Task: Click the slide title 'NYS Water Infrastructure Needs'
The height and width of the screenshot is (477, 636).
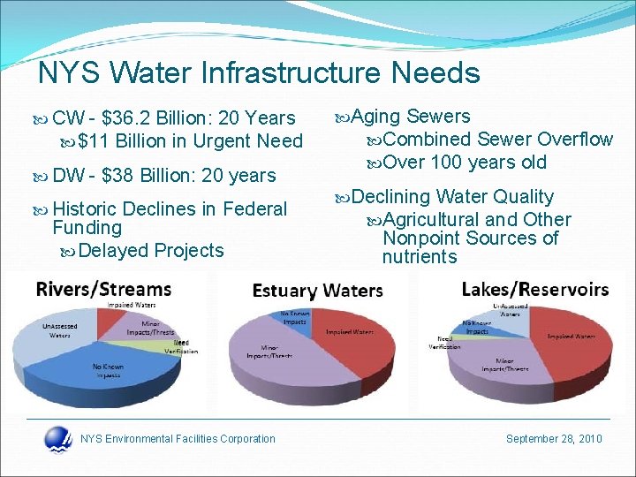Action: pyautogui.click(x=259, y=72)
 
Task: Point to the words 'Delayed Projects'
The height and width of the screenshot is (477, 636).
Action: pyautogui.click(x=151, y=251)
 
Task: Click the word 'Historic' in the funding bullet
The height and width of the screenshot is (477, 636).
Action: pyautogui.click(x=86, y=209)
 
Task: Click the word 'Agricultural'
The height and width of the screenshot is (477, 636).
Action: pyautogui.click(x=432, y=220)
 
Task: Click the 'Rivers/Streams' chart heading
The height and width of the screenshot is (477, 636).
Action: pyautogui.click(x=104, y=289)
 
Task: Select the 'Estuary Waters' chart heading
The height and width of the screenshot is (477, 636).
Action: pyautogui.click(x=317, y=291)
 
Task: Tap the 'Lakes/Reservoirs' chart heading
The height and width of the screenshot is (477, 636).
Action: pyautogui.click(x=534, y=289)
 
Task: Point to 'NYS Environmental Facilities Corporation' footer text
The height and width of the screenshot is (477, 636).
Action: pyautogui.click(x=178, y=439)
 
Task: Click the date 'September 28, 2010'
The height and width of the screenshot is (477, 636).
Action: pyautogui.click(x=553, y=439)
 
